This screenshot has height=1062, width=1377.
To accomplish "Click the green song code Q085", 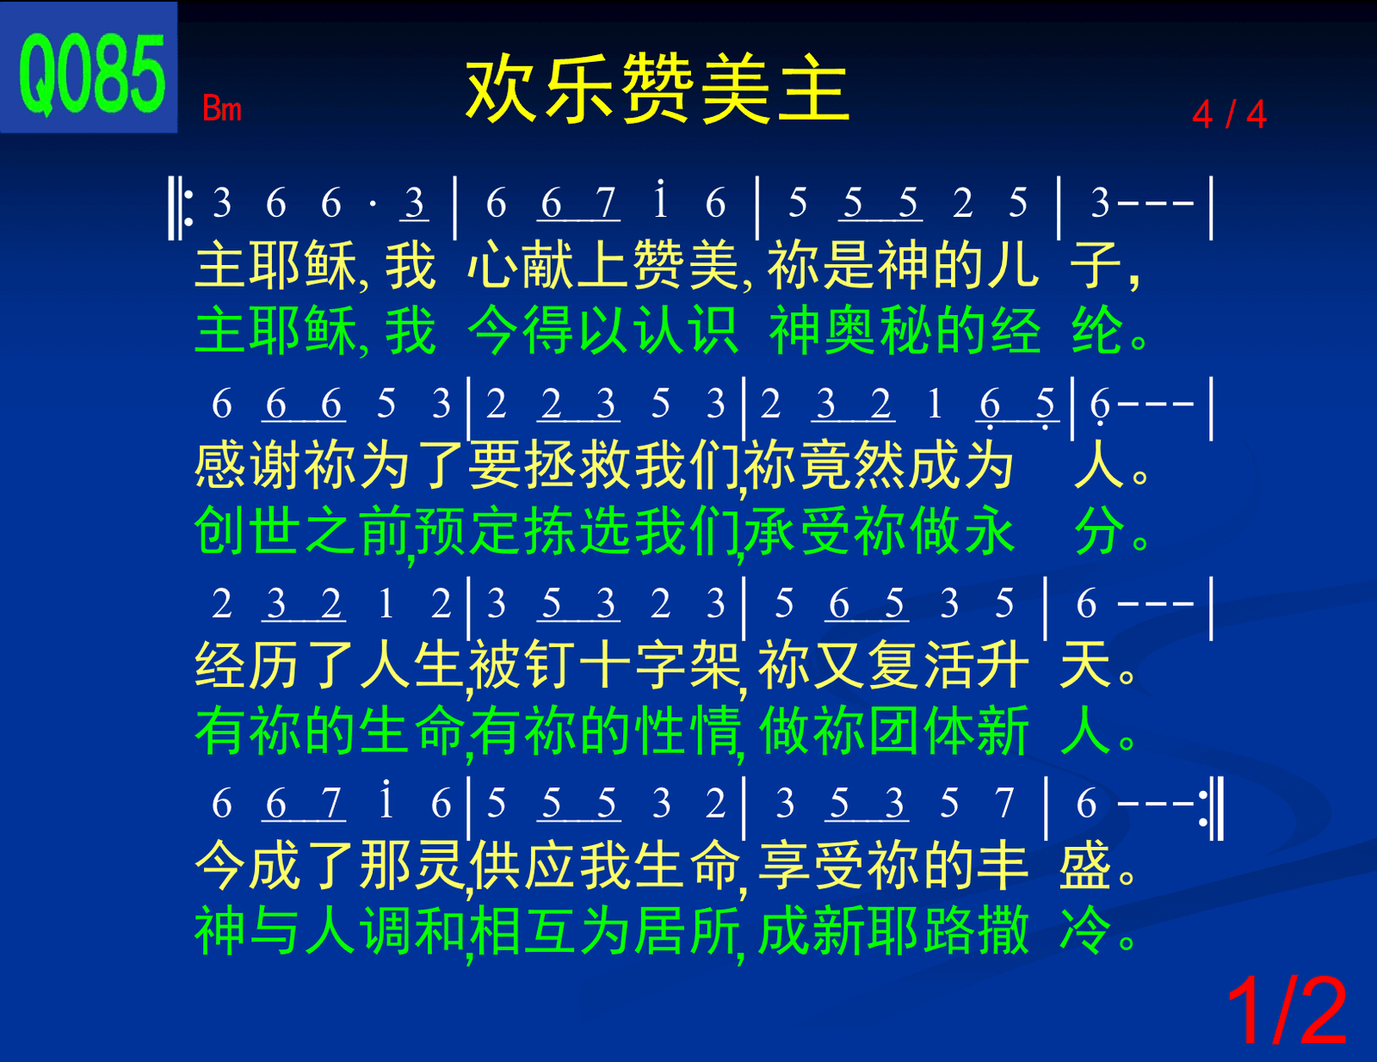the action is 92,75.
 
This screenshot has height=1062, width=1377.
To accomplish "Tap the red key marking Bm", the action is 222,108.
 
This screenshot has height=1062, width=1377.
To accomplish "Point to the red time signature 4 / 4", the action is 1229,114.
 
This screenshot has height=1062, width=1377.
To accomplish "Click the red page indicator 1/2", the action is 1287,1011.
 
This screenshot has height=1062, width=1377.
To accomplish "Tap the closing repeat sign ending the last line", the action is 1211,808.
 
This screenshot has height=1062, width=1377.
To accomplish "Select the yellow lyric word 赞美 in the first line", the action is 686,265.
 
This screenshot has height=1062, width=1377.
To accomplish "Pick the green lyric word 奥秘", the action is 879,330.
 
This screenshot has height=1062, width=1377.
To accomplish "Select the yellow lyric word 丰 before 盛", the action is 1003,866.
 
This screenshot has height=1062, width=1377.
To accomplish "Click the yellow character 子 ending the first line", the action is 1095,265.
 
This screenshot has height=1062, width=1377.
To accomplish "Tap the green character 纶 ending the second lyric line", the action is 1097,330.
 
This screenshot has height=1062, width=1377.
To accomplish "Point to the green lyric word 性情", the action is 687,732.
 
